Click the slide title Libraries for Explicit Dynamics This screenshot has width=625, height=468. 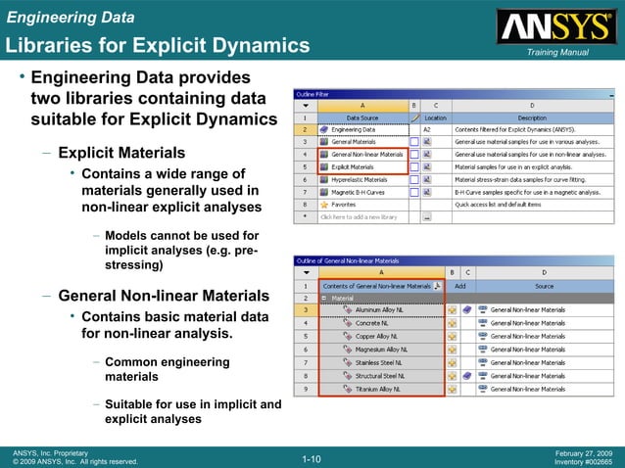[x=157, y=45]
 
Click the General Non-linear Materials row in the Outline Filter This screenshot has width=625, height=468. [x=366, y=154]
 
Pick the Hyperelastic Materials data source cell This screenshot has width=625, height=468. [x=364, y=179]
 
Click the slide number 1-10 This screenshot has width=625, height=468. [x=312, y=458]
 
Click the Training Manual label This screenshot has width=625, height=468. [x=556, y=52]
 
